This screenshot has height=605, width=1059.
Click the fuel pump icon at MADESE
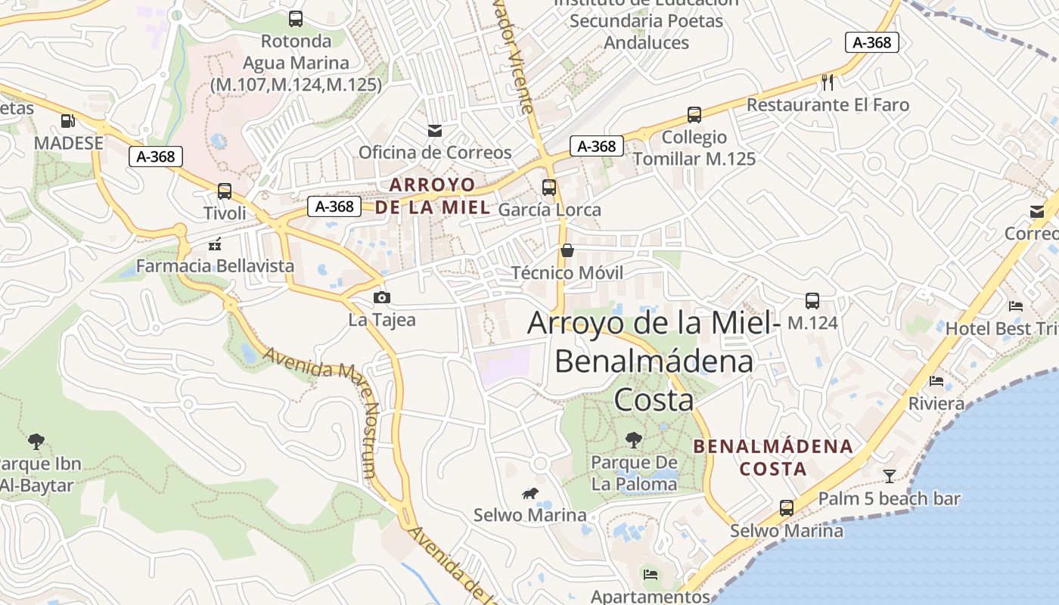point(67,120)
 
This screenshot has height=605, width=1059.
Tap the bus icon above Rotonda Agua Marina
point(296,19)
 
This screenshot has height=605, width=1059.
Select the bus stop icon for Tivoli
point(225,191)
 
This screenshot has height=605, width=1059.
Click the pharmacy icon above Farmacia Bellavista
point(215,244)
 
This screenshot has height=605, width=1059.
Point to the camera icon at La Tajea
point(382,297)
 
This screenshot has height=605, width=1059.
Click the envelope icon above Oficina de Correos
point(435,130)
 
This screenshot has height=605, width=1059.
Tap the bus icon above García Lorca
point(549,188)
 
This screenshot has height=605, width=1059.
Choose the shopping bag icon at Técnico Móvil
point(567,250)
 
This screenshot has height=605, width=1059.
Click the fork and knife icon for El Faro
point(828,82)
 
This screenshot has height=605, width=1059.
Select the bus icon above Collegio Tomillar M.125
point(694,115)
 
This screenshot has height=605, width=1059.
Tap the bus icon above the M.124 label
point(812,301)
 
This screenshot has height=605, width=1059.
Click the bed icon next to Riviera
point(936,381)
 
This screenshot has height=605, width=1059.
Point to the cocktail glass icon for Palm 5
point(889,476)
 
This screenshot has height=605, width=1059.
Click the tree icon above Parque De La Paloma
point(634,439)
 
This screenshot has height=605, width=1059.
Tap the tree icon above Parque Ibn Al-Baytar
point(36,441)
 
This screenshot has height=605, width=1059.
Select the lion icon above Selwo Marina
point(530,494)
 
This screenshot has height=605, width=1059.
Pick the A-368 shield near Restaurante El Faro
point(872,42)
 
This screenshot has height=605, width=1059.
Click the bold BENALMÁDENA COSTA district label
point(773,458)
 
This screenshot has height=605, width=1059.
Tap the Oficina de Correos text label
point(435,152)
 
